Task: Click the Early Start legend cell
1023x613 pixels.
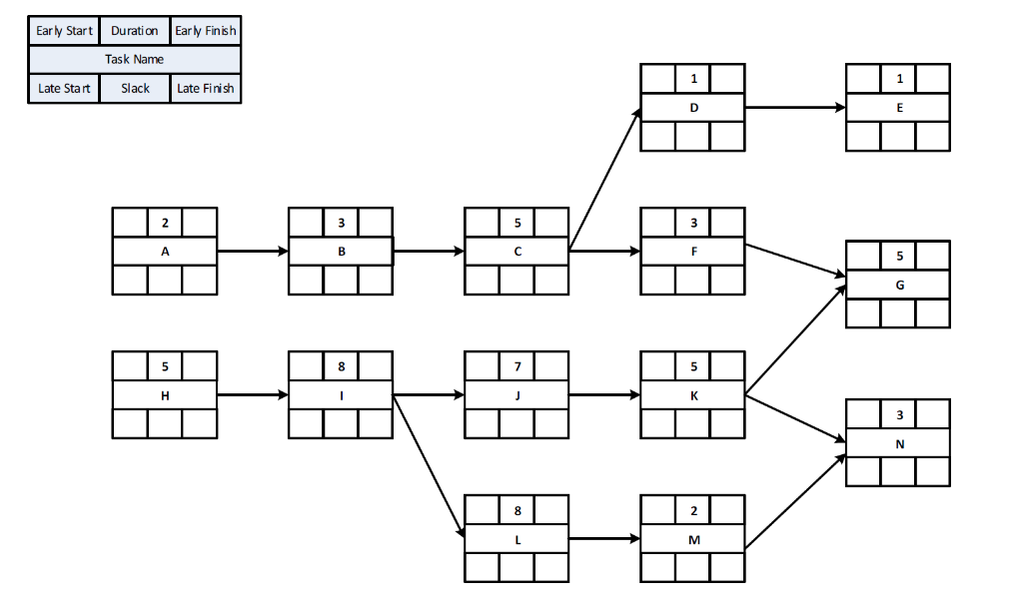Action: point(64,31)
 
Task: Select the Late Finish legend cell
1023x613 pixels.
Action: point(206,89)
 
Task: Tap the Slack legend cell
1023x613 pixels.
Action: point(135,89)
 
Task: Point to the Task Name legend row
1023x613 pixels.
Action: point(135,60)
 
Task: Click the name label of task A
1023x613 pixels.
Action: point(165,252)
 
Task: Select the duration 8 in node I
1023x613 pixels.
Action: point(341,366)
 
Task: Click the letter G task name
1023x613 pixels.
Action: point(899,285)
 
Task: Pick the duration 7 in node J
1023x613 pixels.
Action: point(517,366)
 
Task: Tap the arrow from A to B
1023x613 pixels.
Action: point(253,252)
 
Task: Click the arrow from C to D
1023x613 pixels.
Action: point(604,180)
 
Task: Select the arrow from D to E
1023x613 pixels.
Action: point(795,108)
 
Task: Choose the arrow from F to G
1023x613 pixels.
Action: point(795,262)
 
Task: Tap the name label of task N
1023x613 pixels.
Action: point(899,443)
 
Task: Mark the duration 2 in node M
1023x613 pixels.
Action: point(693,510)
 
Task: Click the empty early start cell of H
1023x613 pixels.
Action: point(130,366)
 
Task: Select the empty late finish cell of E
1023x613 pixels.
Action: point(933,137)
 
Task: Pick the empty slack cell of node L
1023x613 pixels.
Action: point(517,568)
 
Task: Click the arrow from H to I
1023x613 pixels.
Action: point(253,395)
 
